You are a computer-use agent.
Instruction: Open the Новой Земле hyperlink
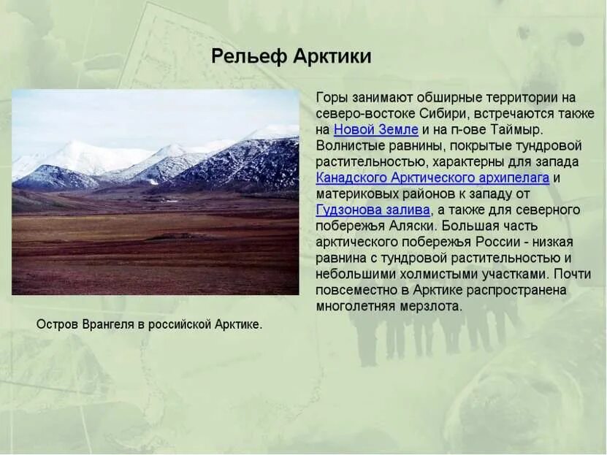376,129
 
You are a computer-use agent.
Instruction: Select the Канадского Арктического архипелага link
432,177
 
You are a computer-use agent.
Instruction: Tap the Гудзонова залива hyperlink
373,210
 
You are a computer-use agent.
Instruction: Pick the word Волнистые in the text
347,145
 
